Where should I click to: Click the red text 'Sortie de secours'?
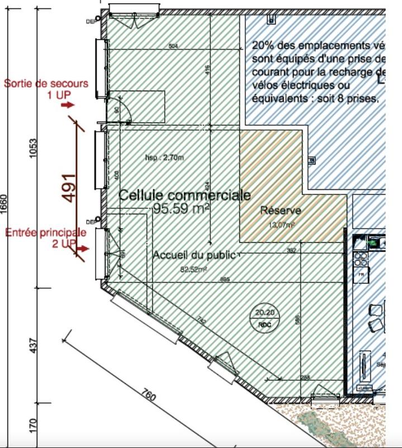(x=46, y=83)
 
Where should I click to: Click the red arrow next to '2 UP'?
(x=82, y=248)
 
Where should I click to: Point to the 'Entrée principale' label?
(x=46, y=232)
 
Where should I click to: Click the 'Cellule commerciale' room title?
(x=185, y=195)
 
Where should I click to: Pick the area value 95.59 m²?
(x=182, y=209)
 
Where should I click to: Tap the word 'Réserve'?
(x=281, y=211)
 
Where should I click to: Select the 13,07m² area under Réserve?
(x=282, y=224)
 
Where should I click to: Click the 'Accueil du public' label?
(x=193, y=255)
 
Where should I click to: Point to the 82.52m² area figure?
(x=193, y=269)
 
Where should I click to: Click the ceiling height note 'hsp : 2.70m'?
(x=164, y=157)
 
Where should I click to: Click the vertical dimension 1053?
(x=33, y=148)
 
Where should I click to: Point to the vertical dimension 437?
(x=33, y=346)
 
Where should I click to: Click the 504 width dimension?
(x=173, y=46)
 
